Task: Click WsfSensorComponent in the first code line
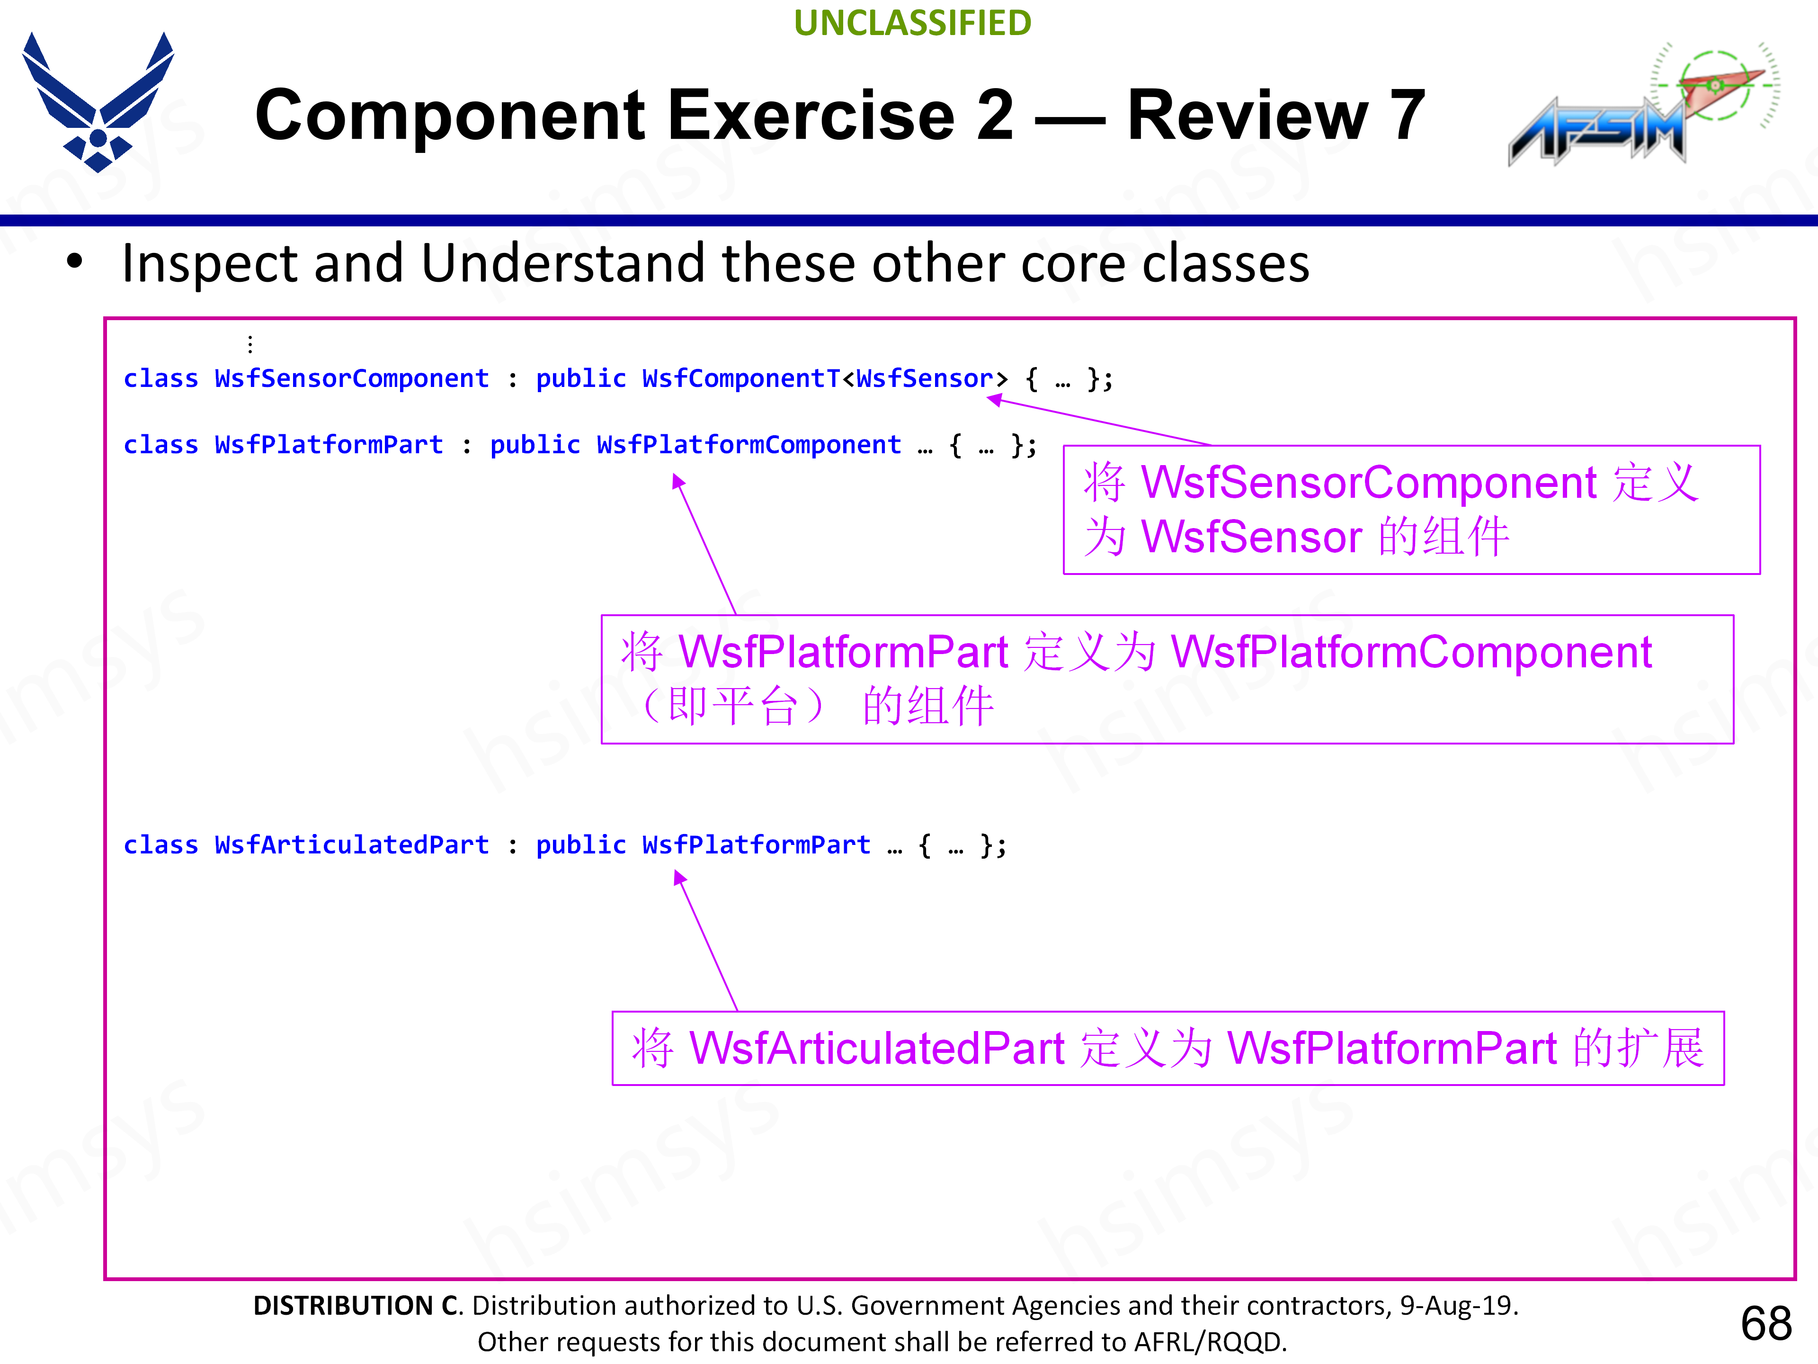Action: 352,378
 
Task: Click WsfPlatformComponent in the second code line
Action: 749,445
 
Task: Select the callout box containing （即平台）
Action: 1167,679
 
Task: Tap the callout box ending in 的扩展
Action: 1167,1048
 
